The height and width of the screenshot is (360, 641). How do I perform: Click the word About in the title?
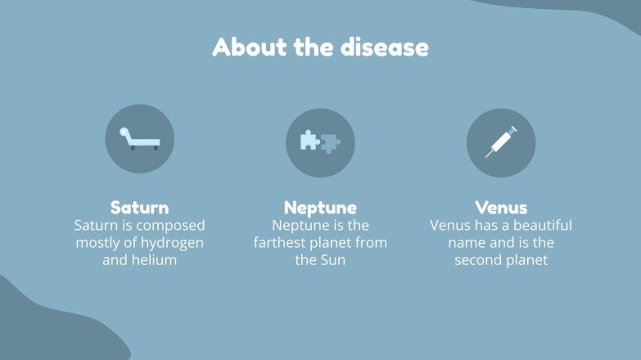coord(250,47)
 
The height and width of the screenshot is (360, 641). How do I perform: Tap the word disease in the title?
coord(385,47)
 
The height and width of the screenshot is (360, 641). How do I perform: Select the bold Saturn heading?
coord(139,208)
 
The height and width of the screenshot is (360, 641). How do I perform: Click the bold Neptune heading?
coord(321,208)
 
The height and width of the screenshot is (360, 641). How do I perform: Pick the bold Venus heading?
coord(501,208)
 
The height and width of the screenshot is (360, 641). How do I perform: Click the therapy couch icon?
coord(139,138)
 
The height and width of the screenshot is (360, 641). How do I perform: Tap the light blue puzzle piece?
coord(310,140)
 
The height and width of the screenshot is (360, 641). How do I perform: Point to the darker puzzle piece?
coord(331,144)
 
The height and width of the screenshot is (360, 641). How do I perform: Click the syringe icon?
coord(501,142)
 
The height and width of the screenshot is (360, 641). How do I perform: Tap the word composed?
coord(170,226)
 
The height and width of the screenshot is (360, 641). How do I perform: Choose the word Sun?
coord(333,260)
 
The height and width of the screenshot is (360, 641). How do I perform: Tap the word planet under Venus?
coord(527,261)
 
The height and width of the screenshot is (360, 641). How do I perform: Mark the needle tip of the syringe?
coord(486,157)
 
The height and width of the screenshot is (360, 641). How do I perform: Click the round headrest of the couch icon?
coord(124,132)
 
